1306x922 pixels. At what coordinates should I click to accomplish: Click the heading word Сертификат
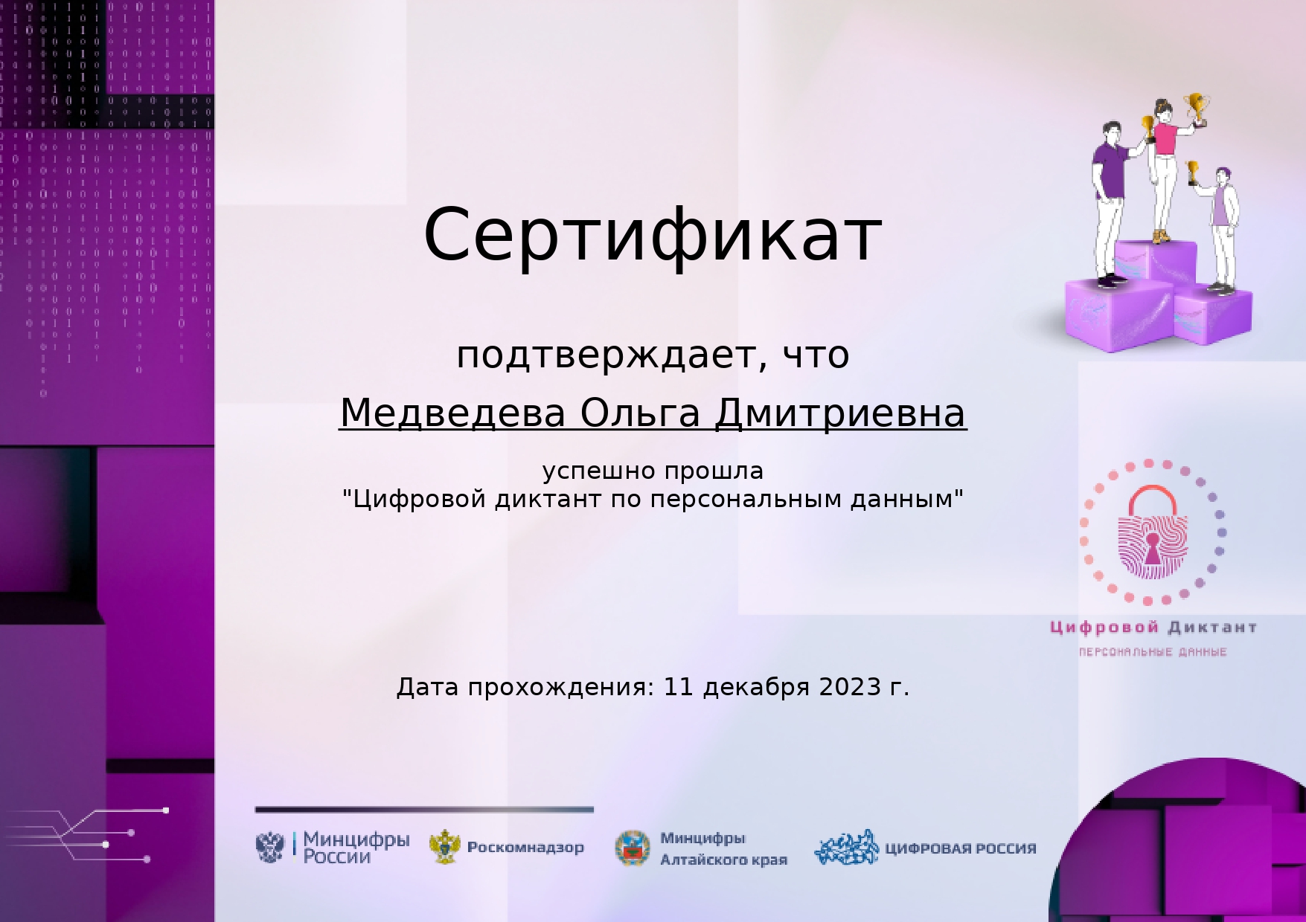click(653, 235)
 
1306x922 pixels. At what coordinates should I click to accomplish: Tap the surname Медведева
click(452, 413)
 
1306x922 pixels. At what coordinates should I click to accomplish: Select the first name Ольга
click(640, 413)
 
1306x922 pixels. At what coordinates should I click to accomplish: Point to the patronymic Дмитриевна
click(840, 413)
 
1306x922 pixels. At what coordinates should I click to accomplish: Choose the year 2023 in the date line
click(850, 687)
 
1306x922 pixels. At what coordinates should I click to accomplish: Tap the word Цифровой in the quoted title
click(420, 499)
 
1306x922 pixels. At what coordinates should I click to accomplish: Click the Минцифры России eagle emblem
click(270, 847)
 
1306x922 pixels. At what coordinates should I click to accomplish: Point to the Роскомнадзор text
click(525, 847)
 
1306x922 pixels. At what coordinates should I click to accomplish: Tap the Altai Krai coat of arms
click(633, 848)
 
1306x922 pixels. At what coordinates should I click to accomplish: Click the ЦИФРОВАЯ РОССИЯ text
click(960, 848)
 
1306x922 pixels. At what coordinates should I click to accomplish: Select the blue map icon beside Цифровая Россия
click(847, 848)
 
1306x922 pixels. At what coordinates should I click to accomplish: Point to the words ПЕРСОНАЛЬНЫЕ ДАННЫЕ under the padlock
click(1153, 652)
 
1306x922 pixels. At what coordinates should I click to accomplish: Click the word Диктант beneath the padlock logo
click(1212, 628)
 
